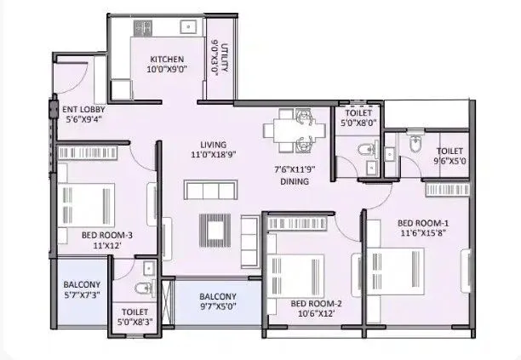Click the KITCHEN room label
(x=167, y=59)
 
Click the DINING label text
(x=295, y=181)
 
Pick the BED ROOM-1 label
(x=416, y=223)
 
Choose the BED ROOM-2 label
(x=316, y=303)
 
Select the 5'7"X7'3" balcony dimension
(x=82, y=295)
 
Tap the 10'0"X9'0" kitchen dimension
(x=167, y=71)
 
